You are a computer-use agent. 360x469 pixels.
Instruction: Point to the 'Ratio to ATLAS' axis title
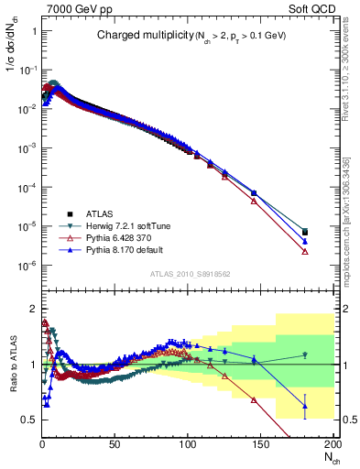point(10,364)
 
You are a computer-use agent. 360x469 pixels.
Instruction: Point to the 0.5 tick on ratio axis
point(29,420)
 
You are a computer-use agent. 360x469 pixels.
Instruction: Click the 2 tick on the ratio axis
point(33,308)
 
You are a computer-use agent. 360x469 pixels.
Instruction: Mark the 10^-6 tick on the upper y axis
point(27,266)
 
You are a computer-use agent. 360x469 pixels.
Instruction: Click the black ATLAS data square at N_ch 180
point(305,232)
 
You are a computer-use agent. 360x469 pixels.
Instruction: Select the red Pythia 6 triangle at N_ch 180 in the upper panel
point(305,251)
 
